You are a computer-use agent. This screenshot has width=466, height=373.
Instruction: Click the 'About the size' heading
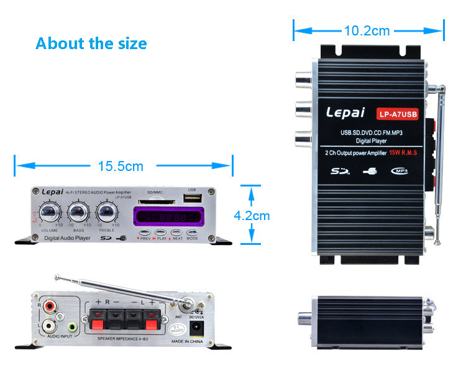coord(91,44)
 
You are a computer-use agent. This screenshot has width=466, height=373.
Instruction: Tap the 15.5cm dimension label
coord(121,166)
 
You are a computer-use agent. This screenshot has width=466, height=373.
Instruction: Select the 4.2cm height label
coord(252,216)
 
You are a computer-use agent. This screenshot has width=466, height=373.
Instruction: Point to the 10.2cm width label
coord(367,30)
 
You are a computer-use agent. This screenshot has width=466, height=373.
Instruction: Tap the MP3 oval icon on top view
coord(403,170)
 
